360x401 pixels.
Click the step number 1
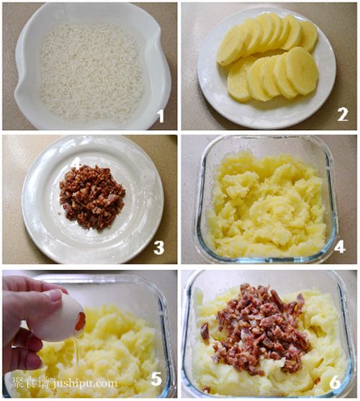click(161, 116)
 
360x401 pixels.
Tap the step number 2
click(343, 114)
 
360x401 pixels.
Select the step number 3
click(159, 248)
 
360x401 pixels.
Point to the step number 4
click(340, 246)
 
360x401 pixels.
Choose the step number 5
click(156, 379)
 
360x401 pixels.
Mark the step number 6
click(335, 382)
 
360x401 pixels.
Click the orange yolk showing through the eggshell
click(81, 321)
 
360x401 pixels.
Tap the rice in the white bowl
click(91, 72)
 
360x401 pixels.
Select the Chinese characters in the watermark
click(30, 382)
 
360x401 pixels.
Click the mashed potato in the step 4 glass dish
click(266, 204)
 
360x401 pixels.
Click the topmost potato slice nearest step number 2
click(308, 36)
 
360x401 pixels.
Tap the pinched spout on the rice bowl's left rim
click(19, 92)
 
